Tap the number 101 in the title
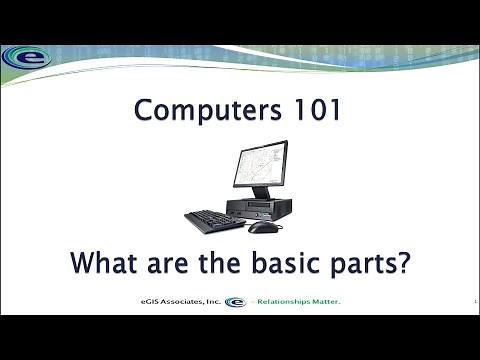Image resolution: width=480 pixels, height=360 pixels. [314, 111]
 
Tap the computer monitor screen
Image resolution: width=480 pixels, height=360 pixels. [259, 165]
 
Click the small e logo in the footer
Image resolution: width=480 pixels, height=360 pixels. [235, 301]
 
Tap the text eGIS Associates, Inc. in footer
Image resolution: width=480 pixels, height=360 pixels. [180, 301]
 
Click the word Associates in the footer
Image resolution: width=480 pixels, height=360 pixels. [180, 301]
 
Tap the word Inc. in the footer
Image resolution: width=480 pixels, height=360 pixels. [212, 301]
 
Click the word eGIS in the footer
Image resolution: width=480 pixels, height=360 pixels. [148, 301]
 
